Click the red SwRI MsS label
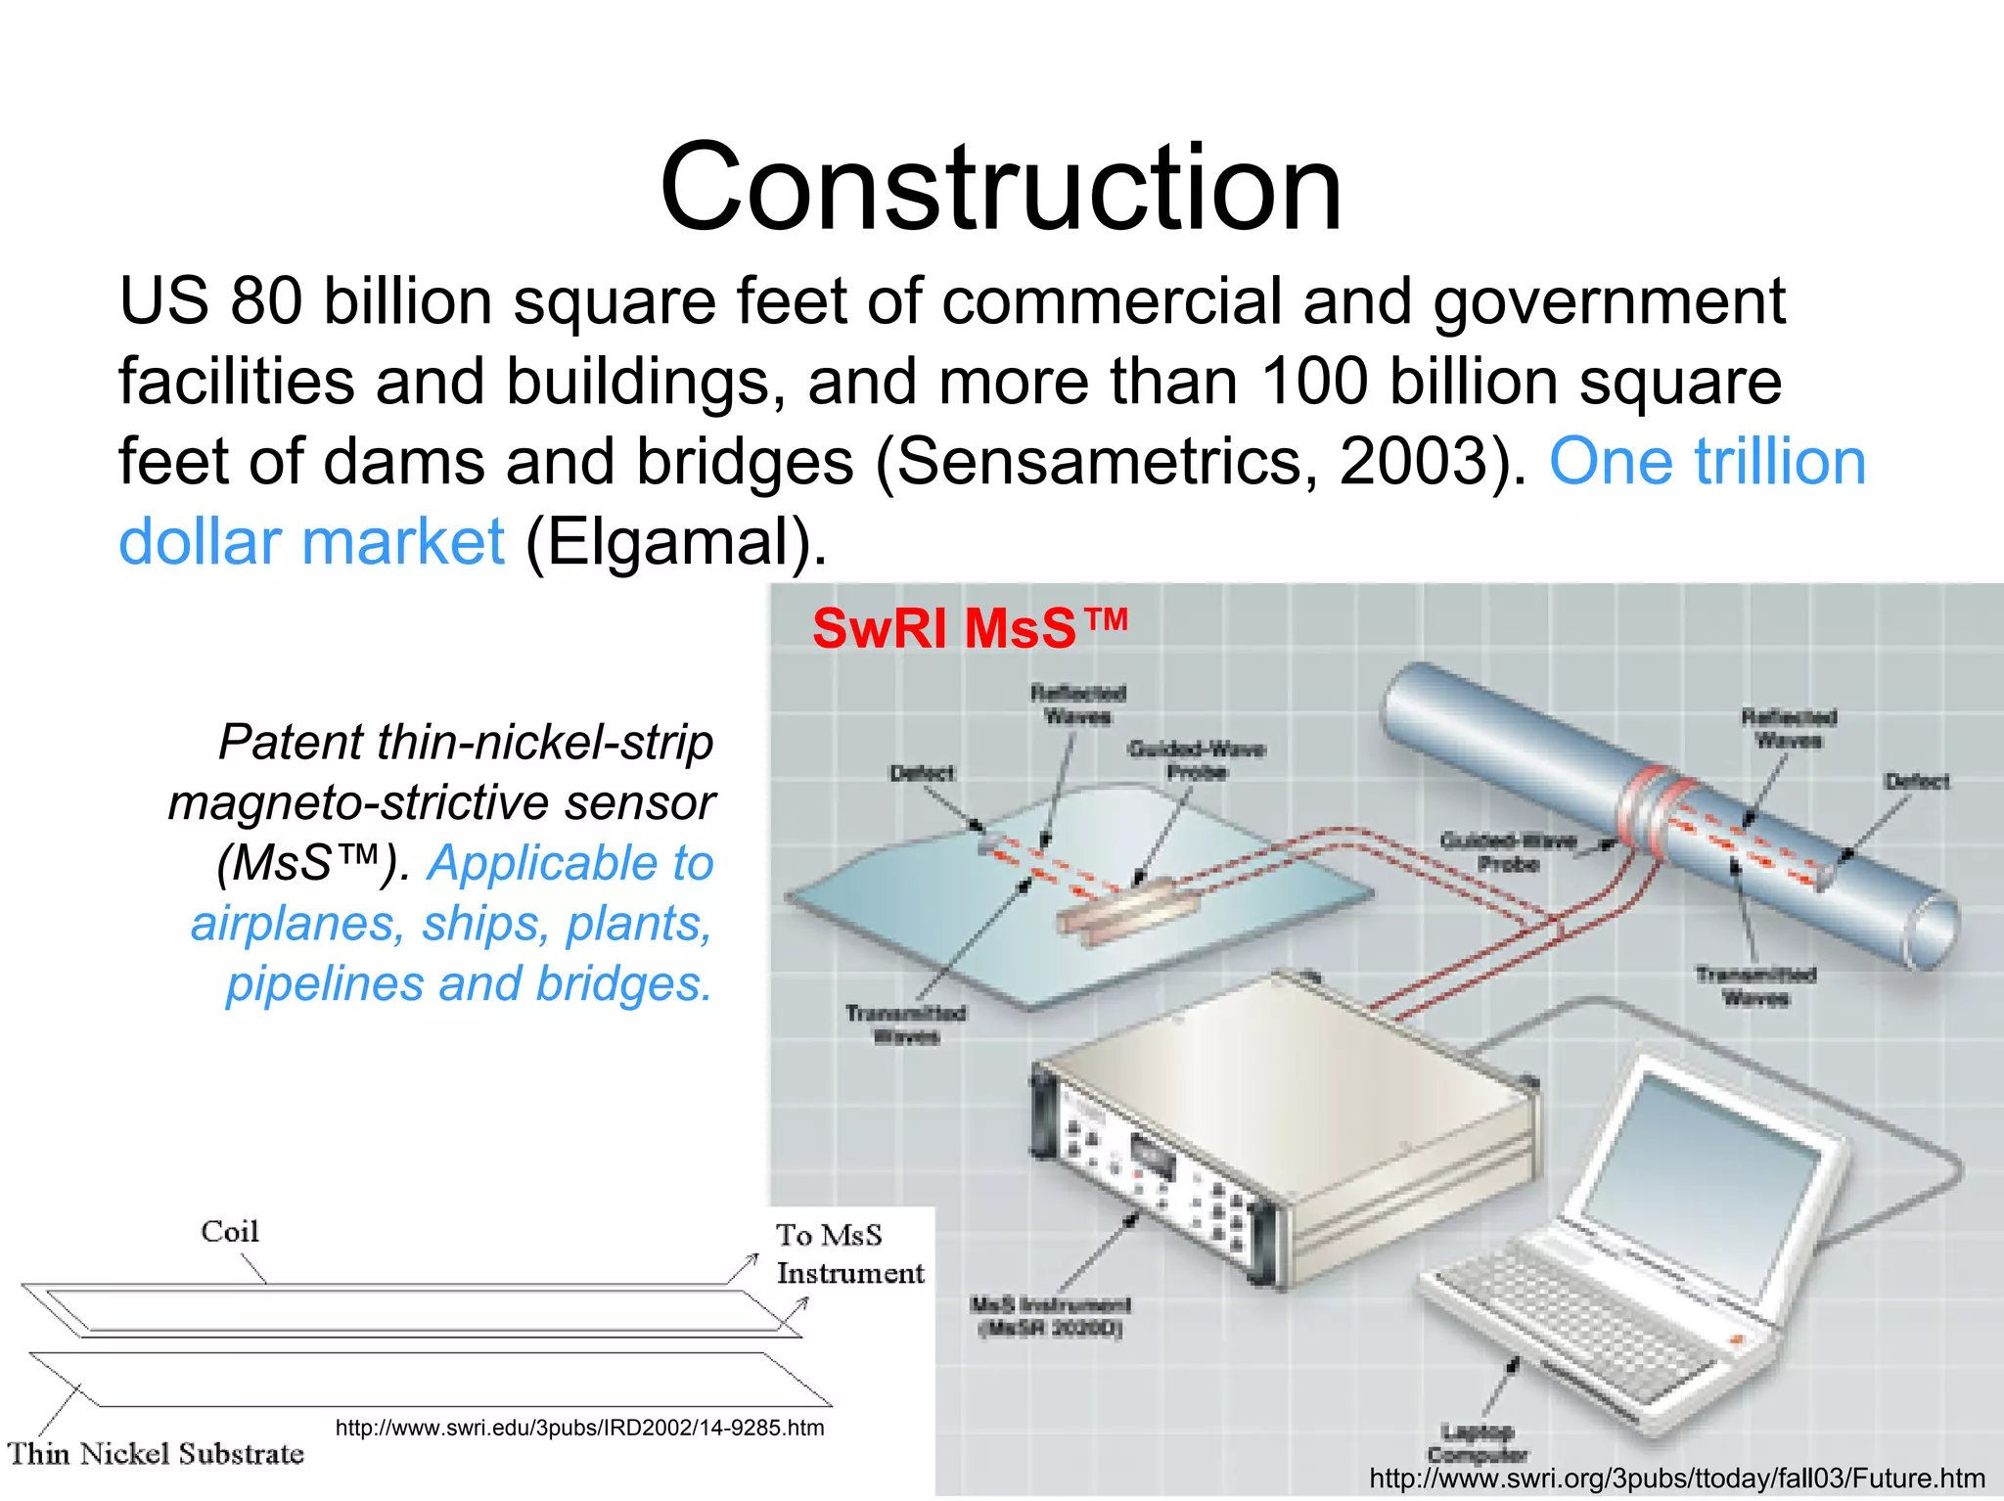pos(969,627)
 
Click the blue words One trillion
pos(1707,461)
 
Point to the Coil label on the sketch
pos(230,1231)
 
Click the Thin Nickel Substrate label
pos(157,1454)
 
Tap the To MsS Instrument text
pos(848,1254)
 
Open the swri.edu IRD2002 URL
pos(579,1428)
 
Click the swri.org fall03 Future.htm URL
pos(1677,1478)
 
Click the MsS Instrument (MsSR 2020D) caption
pos(1051,1316)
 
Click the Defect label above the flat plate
pos(921,773)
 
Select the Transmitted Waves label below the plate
pos(905,1024)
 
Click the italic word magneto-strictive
pos(362,802)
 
